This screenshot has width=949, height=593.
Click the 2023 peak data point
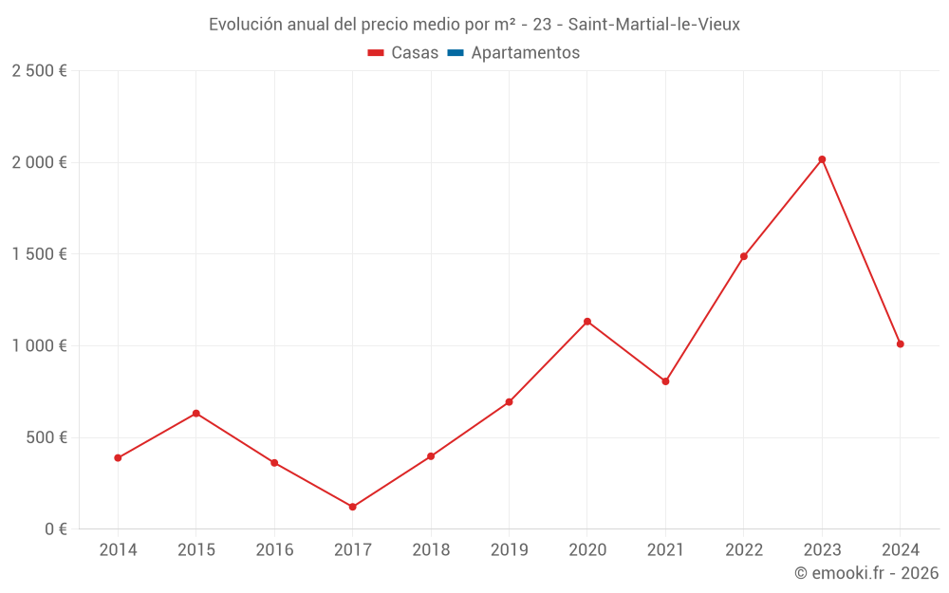pos(822,159)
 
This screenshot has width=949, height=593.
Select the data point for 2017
pos(352,507)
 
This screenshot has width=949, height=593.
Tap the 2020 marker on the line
pos(587,322)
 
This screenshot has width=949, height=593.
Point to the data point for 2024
pos(900,343)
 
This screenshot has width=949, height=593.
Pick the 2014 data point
pos(118,458)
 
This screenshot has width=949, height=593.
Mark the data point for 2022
pos(744,256)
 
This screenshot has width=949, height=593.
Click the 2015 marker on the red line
pos(196,414)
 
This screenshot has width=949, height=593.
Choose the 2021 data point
pos(665,381)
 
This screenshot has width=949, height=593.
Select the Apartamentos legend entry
pos(525,53)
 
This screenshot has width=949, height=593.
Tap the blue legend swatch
pos(455,53)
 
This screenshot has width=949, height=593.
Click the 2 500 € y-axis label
pos(39,71)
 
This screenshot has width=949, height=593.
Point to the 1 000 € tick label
pos(39,346)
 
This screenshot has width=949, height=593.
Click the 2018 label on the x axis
pos(431,550)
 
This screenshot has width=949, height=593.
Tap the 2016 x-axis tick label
pos(274,550)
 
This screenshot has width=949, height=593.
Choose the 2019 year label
pos(509,550)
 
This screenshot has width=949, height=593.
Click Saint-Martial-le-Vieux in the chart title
pos(654,25)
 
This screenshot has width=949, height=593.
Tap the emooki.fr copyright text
pos(866,573)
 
